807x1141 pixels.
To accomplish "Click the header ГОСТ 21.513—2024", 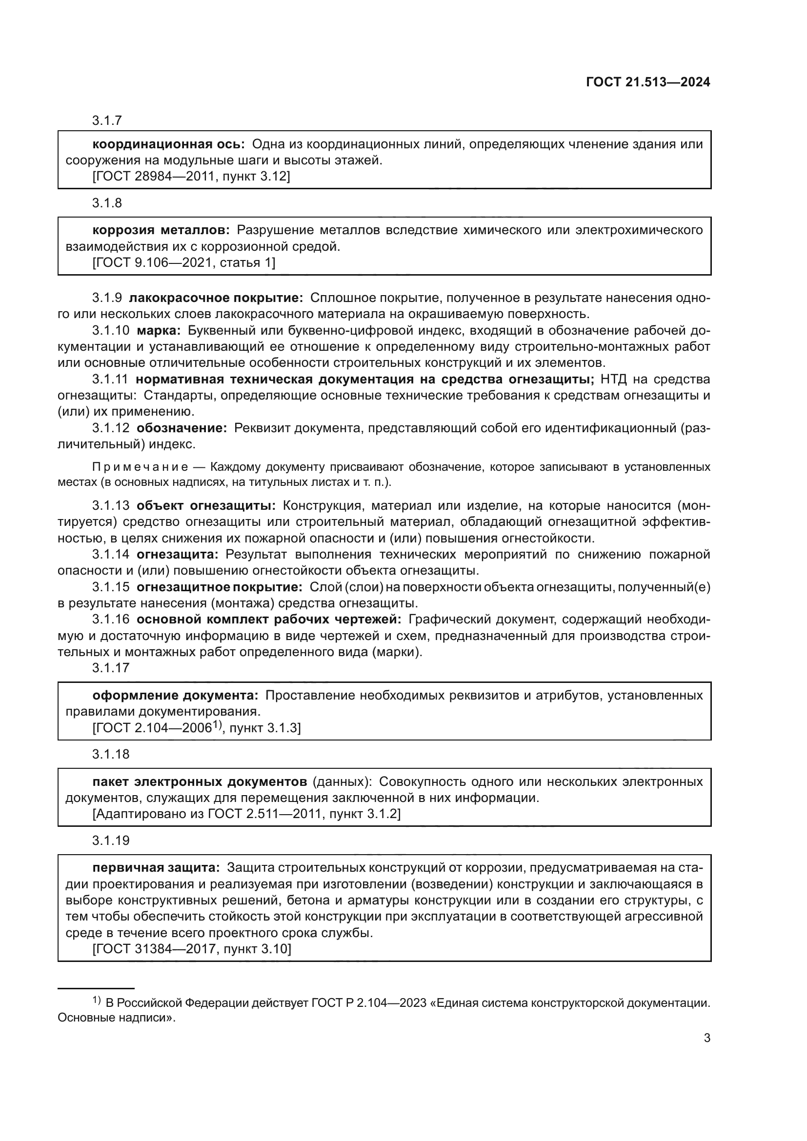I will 648,82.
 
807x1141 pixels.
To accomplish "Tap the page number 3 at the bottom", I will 706,1038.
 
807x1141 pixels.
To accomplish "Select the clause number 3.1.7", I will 107,120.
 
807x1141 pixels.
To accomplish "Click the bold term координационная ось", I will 168,144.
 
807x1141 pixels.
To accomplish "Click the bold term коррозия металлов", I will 161,230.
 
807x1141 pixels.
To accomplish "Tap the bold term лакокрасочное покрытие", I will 216,298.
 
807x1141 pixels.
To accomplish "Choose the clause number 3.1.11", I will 110,379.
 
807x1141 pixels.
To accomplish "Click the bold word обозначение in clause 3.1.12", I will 182,428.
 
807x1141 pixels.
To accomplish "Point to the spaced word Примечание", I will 140,467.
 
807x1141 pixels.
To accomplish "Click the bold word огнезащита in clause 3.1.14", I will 178,554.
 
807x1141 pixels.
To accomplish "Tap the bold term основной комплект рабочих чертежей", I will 269,619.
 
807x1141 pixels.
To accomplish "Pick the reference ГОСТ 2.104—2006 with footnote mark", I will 154,727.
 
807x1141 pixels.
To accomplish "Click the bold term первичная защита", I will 156,868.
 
